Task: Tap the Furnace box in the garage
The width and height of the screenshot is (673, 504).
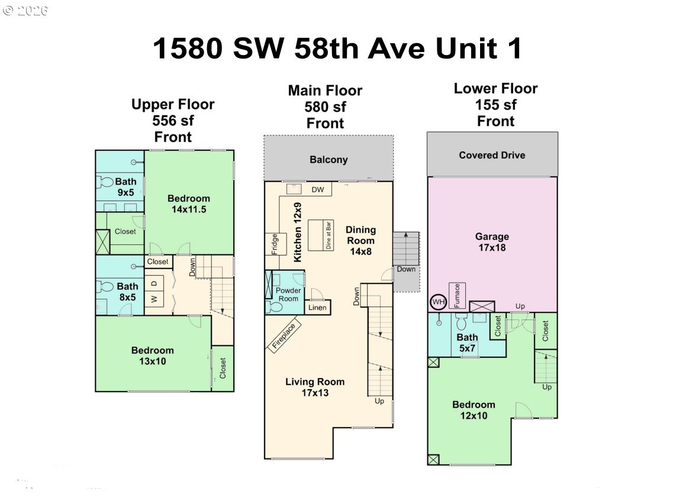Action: pyautogui.click(x=458, y=296)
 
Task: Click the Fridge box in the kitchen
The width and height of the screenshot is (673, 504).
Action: pyautogui.click(x=275, y=244)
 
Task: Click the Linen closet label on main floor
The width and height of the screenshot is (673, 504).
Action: pyautogui.click(x=317, y=308)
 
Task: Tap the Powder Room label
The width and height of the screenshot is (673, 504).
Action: pyautogui.click(x=289, y=294)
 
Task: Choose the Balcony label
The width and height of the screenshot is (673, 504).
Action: pyautogui.click(x=329, y=160)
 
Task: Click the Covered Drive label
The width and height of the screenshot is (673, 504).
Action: pyautogui.click(x=492, y=155)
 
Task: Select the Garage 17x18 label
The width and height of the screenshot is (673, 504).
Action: pyautogui.click(x=492, y=242)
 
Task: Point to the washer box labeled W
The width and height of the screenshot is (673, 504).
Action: pyautogui.click(x=154, y=299)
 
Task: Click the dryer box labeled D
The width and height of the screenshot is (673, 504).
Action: pyautogui.click(x=154, y=283)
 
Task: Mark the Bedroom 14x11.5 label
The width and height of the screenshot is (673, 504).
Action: pyautogui.click(x=188, y=203)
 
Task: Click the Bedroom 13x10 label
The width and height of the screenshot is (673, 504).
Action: pyautogui.click(x=153, y=356)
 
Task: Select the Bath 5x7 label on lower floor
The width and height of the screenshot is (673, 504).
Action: pyautogui.click(x=467, y=343)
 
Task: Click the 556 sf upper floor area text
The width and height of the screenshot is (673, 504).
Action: pyautogui.click(x=173, y=121)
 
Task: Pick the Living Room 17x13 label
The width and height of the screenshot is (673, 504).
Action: pyautogui.click(x=314, y=387)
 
